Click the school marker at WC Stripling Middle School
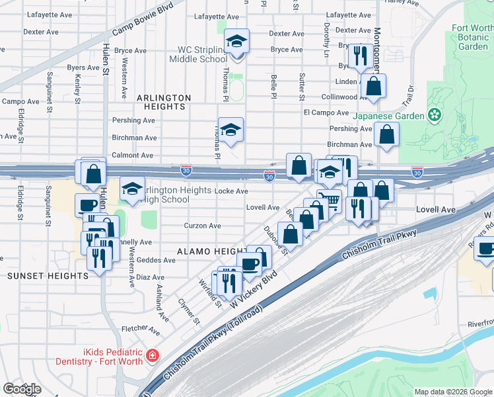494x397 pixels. (x=236, y=42)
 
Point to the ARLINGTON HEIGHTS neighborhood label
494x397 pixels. (x=163, y=102)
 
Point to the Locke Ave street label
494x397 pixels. (x=232, y=191)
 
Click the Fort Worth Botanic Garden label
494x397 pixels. (x=472, y=37)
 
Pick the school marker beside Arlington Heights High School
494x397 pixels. (x=132, y=189)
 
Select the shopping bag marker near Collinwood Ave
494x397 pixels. (x=373, y=86)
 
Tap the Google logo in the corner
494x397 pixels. (x=22, y=389)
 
